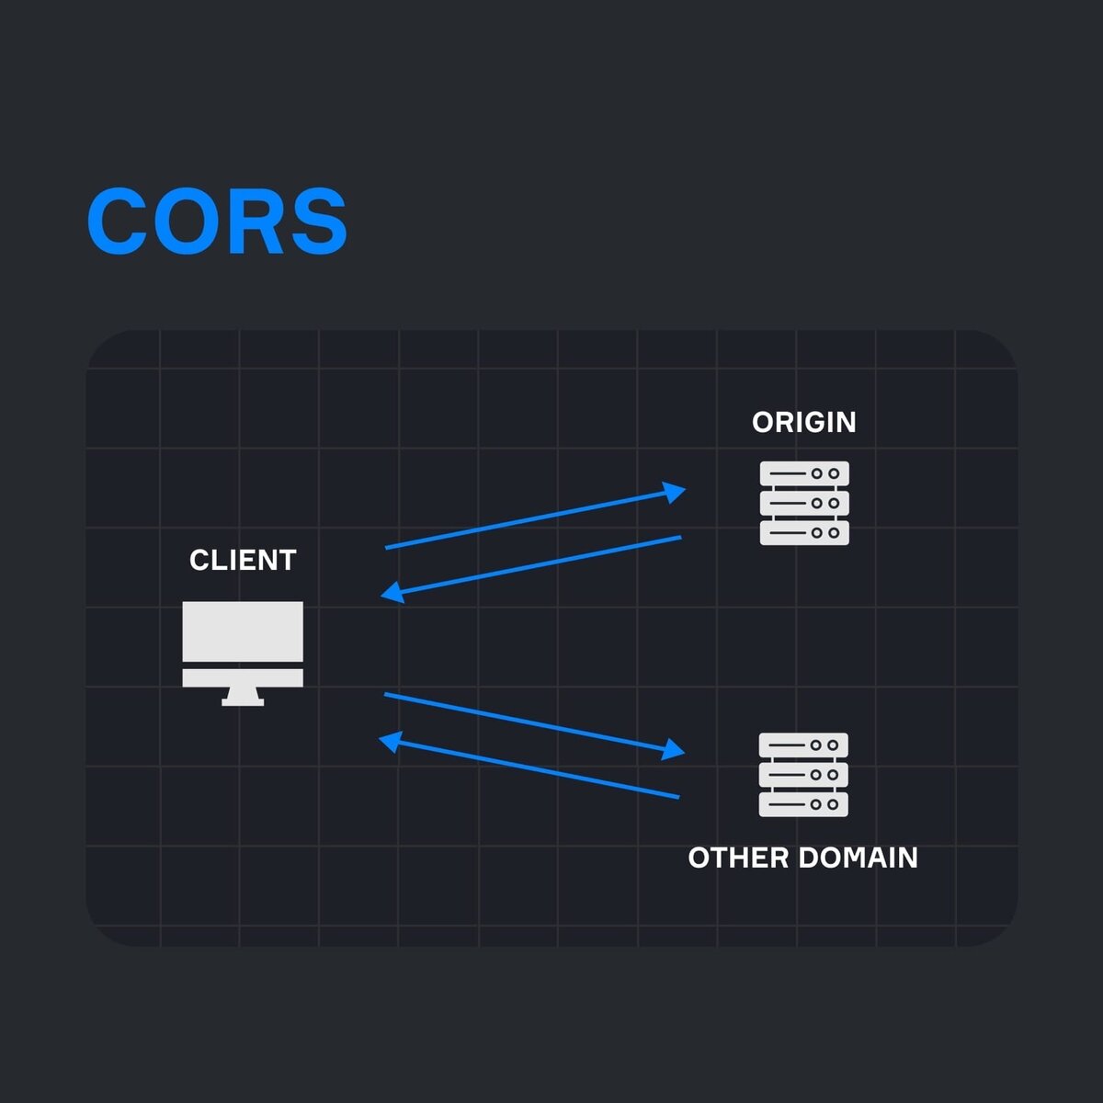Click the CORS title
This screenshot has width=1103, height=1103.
point(217,222)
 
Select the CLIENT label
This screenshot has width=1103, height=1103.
point(243,560)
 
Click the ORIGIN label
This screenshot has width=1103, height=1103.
point(804,422)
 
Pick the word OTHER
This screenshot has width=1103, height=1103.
point(738,858)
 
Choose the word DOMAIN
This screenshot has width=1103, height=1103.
point(859,858)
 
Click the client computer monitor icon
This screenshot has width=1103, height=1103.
point(243,643)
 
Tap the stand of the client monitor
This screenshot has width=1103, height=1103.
point(243,698)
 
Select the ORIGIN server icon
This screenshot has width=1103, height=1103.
point(804,503)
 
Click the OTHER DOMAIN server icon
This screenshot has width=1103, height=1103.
point(803,774)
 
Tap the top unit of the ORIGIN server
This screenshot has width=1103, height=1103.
point(804,474)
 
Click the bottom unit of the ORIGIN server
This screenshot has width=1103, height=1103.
point(804,532)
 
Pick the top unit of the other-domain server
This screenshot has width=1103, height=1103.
point(803,745)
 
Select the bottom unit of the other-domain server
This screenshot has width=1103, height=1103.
point(803,804)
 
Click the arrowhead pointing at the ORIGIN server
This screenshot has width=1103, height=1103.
point(677,492)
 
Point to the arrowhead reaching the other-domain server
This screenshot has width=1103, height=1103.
point(676,750)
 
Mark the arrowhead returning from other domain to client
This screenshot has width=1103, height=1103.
point(390,740)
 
